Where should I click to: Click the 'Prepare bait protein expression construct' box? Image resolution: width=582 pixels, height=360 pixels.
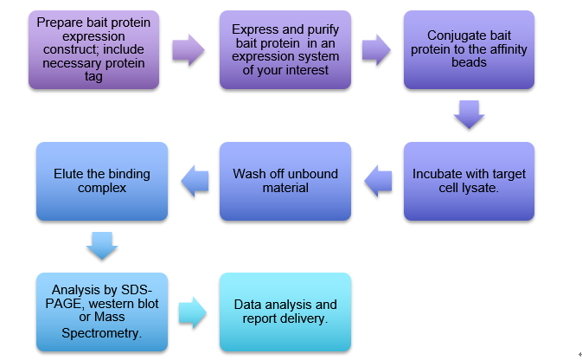[x=94, y=49]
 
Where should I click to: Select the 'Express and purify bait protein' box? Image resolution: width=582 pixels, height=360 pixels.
[x=285, y=49]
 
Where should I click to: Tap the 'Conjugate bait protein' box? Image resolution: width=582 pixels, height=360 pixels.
[x=469, y=49]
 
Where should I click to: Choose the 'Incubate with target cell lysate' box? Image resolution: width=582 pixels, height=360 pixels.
[x=469, y=181]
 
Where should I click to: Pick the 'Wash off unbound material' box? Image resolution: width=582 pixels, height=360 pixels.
[x=285, y=181]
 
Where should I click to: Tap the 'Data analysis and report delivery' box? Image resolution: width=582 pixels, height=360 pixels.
[x=285, y=312]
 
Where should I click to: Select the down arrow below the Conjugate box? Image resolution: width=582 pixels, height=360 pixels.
[x=469, y=115]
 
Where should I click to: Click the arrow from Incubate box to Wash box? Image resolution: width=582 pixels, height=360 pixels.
[x=377, y=182]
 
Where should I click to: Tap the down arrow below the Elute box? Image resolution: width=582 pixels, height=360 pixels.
[x=100, y=246]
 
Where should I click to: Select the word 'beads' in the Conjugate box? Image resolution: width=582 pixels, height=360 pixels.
[x=469, y=62]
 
